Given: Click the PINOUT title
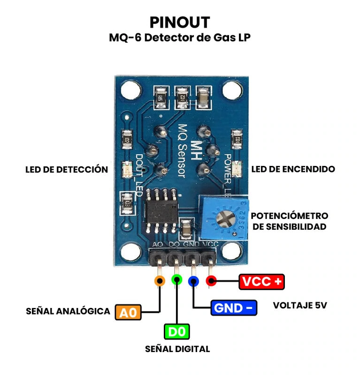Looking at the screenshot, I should click(180, 22).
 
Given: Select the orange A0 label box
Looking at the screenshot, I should click(128, 312).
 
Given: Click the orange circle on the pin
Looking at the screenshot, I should click(160, 281).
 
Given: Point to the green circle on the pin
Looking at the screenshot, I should click(177, 280).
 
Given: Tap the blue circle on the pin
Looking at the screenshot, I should click(193, 281).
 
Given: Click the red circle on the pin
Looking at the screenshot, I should click(211, 281).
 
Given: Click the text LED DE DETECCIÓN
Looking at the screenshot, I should click(67, 169).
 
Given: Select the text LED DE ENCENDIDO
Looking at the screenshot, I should click(293, 169).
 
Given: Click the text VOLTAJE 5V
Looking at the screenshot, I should click(300, 306).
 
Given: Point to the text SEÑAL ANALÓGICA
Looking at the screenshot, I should click(68, 311).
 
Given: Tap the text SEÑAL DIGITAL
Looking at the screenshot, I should click(177, 349).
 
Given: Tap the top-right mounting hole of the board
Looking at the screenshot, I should click(230, 88).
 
